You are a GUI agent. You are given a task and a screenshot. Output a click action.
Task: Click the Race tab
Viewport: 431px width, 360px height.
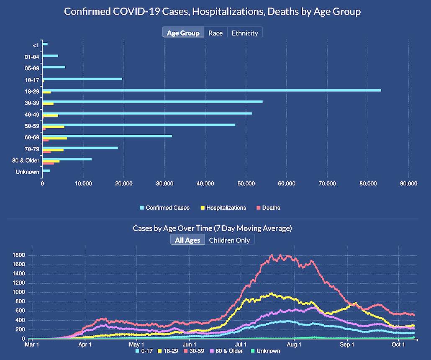[x=215, y=33]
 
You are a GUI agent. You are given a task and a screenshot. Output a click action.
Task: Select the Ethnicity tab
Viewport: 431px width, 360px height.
[x=245, y=33]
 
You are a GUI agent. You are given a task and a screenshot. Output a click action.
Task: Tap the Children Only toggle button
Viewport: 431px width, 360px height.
[x=229, y=240]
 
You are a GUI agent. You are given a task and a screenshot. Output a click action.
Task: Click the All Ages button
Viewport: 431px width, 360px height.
[x=187, y=240]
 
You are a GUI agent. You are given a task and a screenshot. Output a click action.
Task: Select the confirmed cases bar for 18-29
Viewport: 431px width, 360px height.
[x=211, y=90]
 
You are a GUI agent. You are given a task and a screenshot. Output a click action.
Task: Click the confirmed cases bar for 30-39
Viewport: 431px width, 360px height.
[x=152, y=101]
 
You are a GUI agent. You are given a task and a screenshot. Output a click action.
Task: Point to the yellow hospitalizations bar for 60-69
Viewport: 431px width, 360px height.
[x=55, y=138]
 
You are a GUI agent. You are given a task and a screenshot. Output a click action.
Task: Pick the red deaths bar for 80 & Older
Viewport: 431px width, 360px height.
[x=48, y=163]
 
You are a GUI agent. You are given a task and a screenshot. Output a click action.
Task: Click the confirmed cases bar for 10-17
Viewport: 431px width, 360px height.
[x=82, y=79]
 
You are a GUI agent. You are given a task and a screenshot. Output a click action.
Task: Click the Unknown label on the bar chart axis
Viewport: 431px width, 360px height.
[x=28, y=172]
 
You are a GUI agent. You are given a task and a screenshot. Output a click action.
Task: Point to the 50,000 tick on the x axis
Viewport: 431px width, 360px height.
[x=246, y=183]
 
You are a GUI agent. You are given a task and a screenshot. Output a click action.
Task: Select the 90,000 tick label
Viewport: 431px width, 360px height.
[x=408, y=183]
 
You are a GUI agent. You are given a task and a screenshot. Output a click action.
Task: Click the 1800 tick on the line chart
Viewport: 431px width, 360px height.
[x=19, y=255]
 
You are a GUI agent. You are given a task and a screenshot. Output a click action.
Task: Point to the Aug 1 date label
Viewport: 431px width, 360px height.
[x=295, y=345]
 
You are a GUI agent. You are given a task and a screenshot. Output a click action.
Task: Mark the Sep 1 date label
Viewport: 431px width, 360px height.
[x=347, y=345]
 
